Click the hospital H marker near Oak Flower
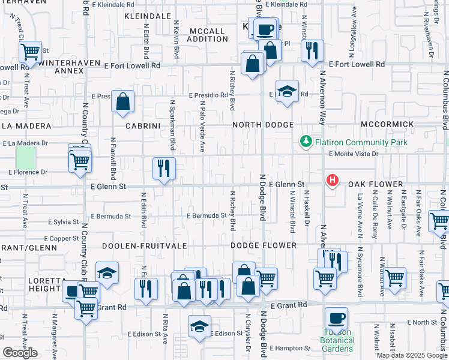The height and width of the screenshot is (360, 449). pyautogui.click(x=331, y=179)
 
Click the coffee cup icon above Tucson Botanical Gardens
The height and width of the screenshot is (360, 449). pyautogui.click(x=336, y=318)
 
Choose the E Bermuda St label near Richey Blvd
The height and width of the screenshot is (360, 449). pyautogui.click(x=206, y=216)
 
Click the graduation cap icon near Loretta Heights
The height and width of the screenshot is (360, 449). pyautogui.click(x=107, y=273)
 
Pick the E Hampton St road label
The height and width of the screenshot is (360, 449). pyautogui.click(x=290, y=348)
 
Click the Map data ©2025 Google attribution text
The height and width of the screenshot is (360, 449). pyautogui.click(x=411, y=355)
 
